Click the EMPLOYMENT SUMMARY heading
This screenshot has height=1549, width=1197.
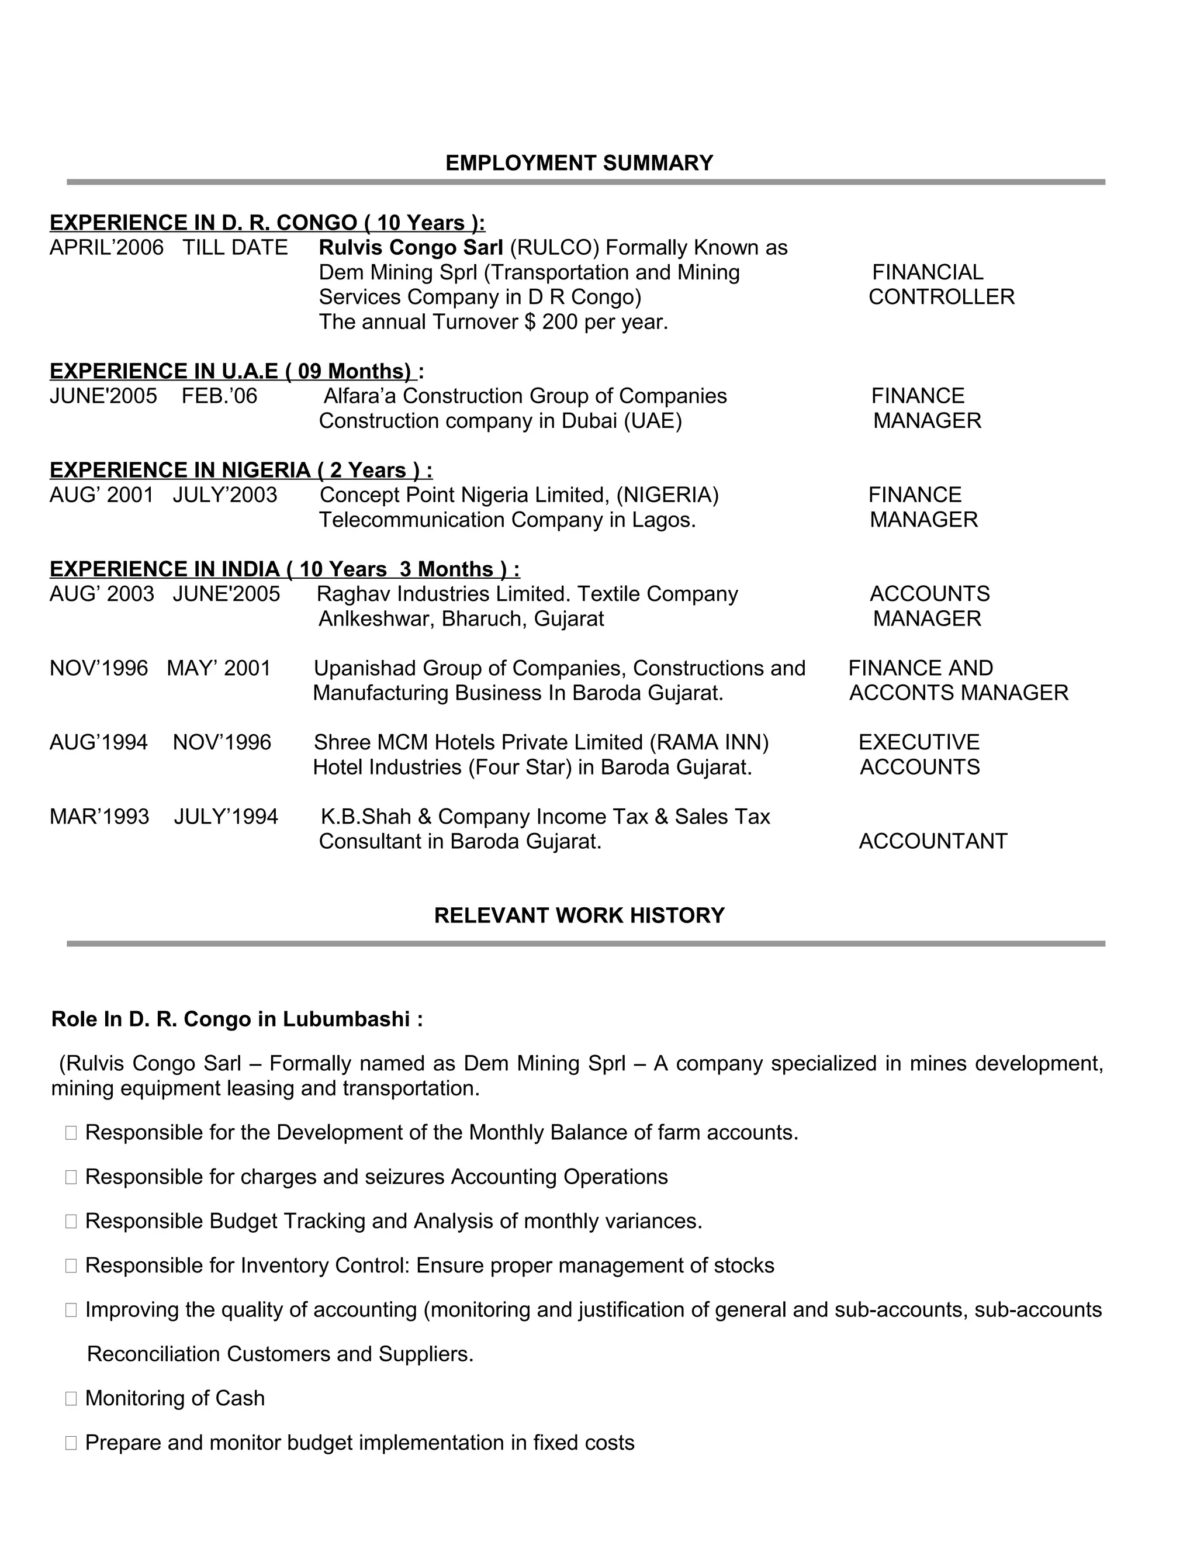coord(579,163)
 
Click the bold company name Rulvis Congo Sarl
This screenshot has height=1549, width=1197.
coord(410,247)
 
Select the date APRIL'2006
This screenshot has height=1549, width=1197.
coord(106,247)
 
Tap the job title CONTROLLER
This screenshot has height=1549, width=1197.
coord(941,296)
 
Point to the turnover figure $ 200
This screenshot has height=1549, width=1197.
coord(552,322)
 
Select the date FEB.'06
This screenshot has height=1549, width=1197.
coord(219,396)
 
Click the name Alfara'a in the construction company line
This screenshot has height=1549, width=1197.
coord(360,396)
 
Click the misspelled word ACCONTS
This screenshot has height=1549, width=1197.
coord(894,693)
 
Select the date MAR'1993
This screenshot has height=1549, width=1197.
coord(99,817)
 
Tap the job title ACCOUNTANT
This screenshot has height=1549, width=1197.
coord(932,841)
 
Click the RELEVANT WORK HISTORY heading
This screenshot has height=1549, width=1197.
coord(579,915)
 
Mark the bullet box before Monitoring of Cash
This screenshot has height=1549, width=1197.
coord(71,1399)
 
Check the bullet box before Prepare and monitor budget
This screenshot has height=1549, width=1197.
coord(71,1443)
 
